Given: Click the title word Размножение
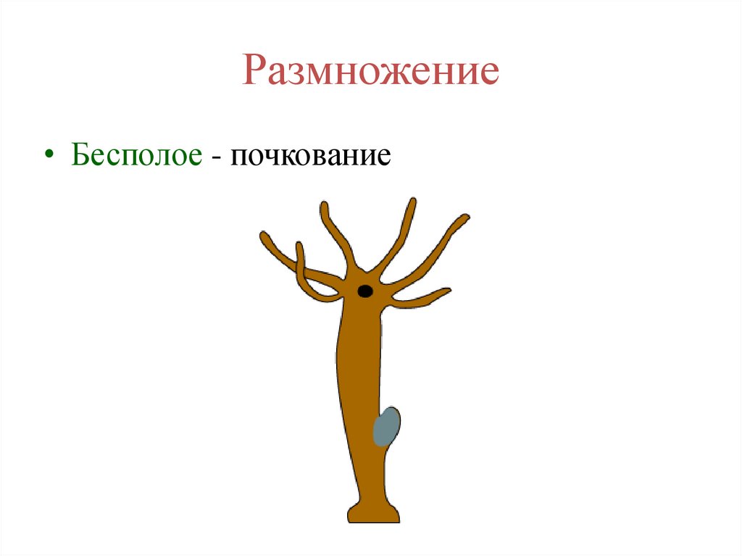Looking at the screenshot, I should coord(370,72).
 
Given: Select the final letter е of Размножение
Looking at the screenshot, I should coord(489,75).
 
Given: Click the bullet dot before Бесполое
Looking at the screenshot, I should coord(49,156).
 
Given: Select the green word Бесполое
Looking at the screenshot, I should coord(136,156).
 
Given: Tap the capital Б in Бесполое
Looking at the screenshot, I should coord(80,154).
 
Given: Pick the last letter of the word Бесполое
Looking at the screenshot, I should coord(193,158).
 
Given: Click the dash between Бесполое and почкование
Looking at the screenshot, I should coord(217,157).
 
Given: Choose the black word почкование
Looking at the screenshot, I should coord(312,156).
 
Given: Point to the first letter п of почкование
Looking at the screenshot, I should coord(238,158).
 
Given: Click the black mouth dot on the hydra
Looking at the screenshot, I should coord(365,291).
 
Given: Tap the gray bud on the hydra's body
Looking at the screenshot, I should coord(386,427).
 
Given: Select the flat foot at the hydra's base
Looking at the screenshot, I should coord(373,515).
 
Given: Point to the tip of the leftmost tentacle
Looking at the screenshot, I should coord(264,236).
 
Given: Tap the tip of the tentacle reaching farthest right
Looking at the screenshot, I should coord(465,217).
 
